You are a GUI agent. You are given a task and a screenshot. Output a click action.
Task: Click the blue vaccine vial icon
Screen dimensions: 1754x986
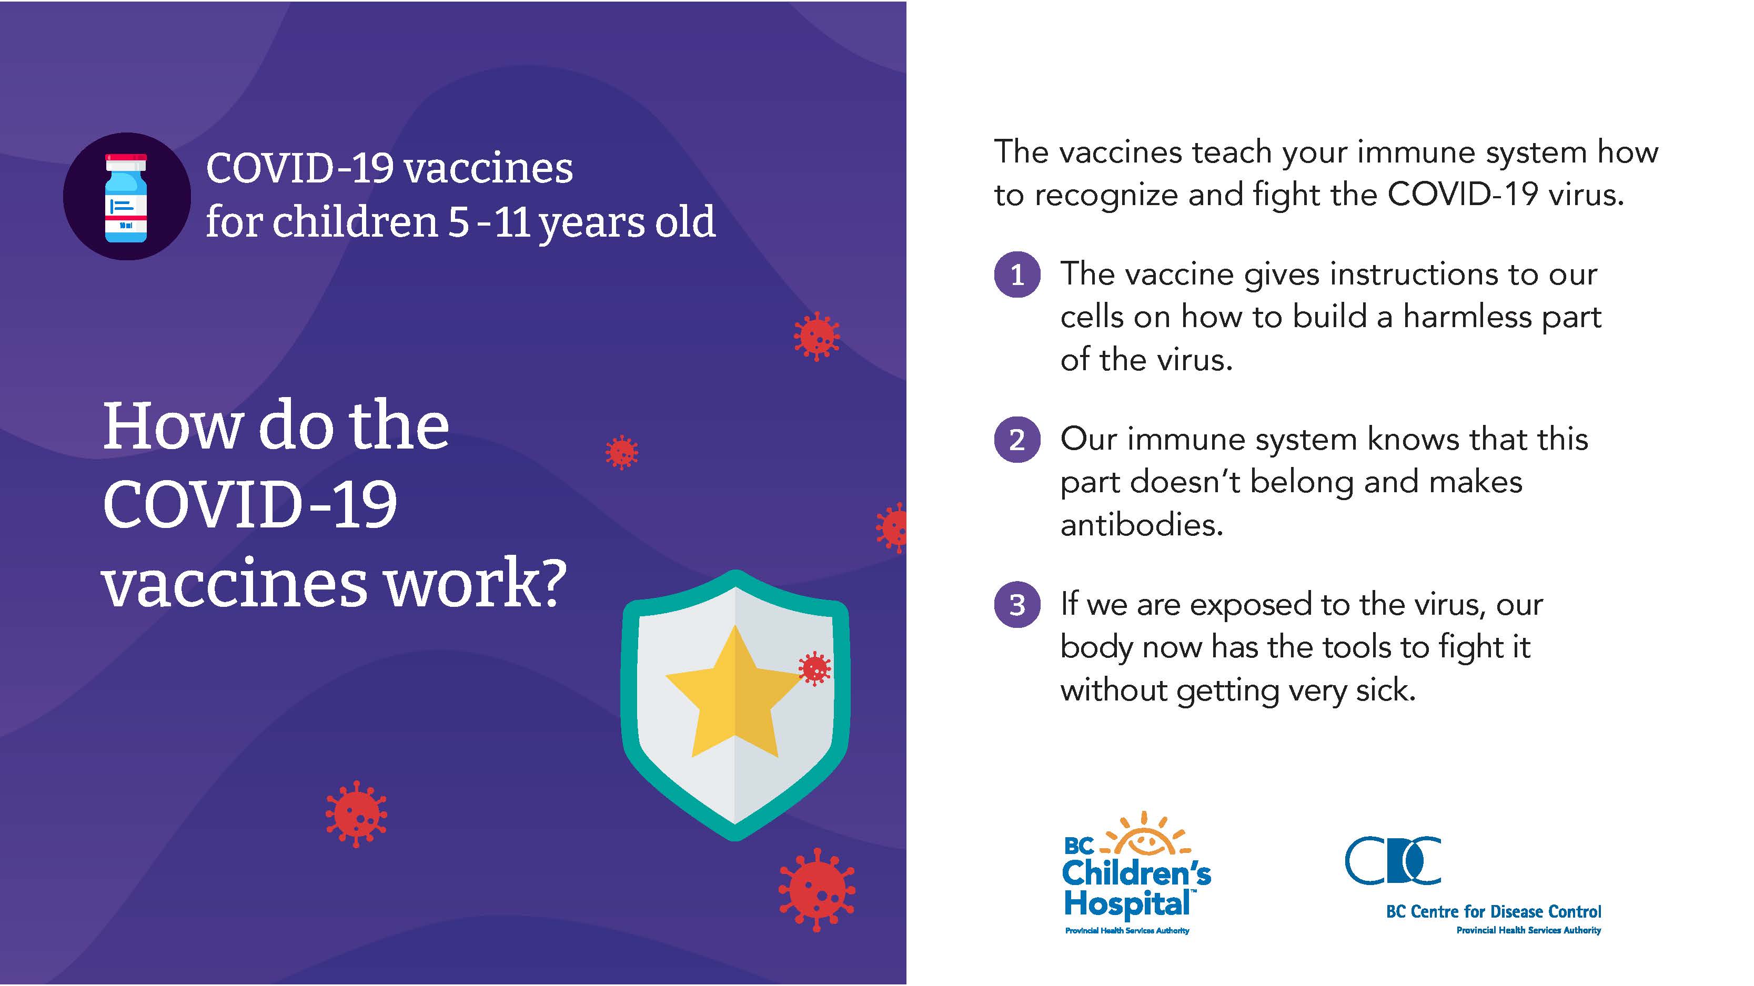[126, 197]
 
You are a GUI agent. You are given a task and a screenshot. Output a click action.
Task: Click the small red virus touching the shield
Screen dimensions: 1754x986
[814, 668]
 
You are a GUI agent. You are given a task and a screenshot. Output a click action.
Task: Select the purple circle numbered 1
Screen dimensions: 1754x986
[1017, 274]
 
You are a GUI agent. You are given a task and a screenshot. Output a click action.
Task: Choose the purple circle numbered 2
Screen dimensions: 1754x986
[1017, 440]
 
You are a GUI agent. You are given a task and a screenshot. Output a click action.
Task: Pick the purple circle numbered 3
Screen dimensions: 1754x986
[1017, 604]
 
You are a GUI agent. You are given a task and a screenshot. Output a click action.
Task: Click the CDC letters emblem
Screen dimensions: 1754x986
[1393, 860]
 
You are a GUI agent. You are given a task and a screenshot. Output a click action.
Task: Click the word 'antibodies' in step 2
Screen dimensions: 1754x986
[1142, 525]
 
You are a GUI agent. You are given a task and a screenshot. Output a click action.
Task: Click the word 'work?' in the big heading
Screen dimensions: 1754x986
[475, 583]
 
